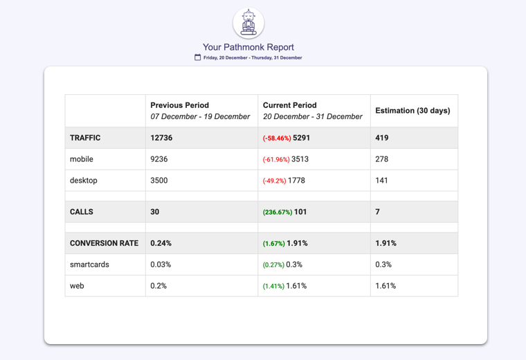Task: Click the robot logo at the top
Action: click(248, 23)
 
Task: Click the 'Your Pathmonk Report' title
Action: click(248, 47)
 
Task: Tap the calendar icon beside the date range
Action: click(197, 57)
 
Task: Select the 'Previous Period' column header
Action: click(179, 105)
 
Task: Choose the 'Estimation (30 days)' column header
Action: click(412, 111)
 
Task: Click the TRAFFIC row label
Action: click(85, 138)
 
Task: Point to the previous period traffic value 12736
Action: click(161, 138)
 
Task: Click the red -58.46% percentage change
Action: click(277, 138)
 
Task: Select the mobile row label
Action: click(82, 159)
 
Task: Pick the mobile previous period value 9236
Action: click(159, 159)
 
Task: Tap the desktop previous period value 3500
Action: click(159, 181)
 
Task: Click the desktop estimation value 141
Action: click(381, 181)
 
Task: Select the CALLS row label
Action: click(82, 212)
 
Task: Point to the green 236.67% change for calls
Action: click(278, 213)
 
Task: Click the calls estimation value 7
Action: click(377, 212)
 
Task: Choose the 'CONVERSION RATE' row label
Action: click(104, 244)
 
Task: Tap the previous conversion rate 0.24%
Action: click(161, 244)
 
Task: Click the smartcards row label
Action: click(89, 264)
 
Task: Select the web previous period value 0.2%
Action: click(158, 286)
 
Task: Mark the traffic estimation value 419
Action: click(382, 138)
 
